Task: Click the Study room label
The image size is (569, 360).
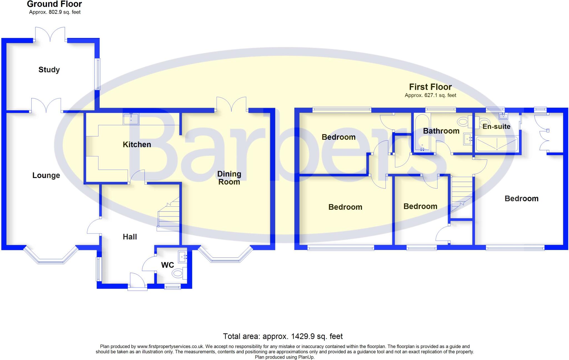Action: pos(49,69)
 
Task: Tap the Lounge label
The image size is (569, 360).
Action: pos(46,175)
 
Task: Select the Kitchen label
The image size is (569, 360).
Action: pos(137,144)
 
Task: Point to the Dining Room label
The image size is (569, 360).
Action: pos(229,178)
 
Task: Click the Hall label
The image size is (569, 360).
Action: pos(130,237)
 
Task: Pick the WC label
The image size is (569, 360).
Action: pos(168,265)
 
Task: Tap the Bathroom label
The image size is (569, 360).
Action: pos(441,131)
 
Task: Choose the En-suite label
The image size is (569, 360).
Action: pos(496,126)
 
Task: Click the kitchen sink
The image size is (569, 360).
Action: pos(131,119)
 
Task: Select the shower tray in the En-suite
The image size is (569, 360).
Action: pos(497,144)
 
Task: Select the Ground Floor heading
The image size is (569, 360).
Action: pos(54,4)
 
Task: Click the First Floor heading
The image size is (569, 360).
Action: pos(430,87)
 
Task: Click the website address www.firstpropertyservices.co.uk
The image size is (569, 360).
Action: pos(170,346)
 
